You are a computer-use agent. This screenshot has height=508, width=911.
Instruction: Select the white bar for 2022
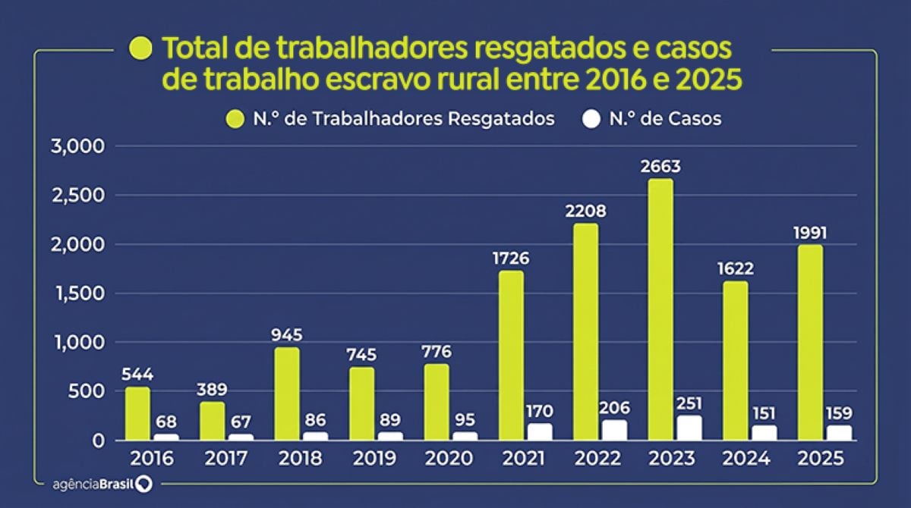(x=614, y=430)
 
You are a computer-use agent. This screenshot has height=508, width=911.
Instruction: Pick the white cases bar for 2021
(x=539, y=431)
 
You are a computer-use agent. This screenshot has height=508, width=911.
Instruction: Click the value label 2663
(x=660, y=167)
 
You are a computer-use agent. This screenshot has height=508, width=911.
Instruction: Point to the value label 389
(x=212, y=390)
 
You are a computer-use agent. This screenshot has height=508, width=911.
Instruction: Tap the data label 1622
(x=735, y=269)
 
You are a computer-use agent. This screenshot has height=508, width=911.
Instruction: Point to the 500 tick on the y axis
(x=89, y=391)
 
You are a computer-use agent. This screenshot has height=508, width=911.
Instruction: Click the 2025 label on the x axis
(x=823, y=459)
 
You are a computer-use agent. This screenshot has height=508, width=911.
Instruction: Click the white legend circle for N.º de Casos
(x=591, y=119)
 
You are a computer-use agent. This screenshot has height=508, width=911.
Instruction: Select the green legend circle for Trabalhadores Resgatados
(x=235, y=119)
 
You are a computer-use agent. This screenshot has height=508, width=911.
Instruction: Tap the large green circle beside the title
(x=141, y=49)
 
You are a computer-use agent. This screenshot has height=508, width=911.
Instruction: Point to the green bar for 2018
(x=287, y=394)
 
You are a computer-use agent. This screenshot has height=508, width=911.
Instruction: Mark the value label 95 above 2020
(x=465, y=419)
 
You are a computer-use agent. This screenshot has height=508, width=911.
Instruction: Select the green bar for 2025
(x=809, y=342)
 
